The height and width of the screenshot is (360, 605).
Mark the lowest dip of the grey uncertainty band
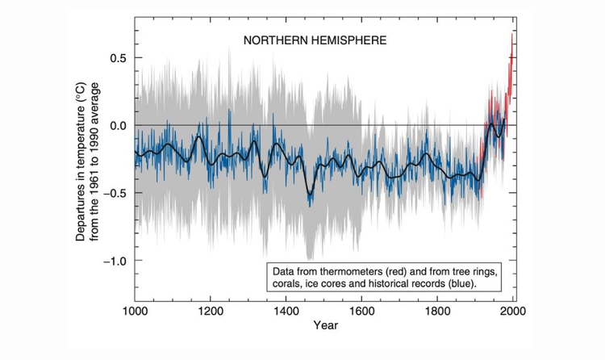pos(309,259)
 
